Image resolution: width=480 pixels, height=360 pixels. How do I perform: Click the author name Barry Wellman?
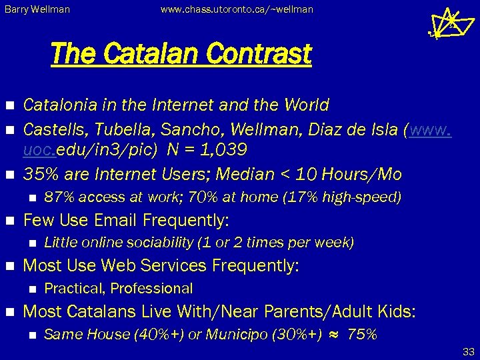coord(37,9)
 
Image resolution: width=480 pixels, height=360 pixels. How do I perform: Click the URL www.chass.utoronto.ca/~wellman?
coord(236,9)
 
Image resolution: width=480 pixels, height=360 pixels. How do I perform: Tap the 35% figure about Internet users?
coord(38,175)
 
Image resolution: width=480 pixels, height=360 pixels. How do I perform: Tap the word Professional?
coord(151,288)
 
